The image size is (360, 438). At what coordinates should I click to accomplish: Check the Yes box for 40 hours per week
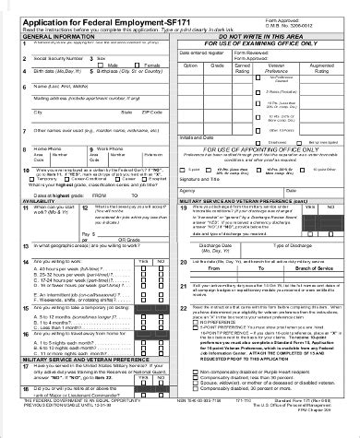pyautogui.click(x=142, y=294)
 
